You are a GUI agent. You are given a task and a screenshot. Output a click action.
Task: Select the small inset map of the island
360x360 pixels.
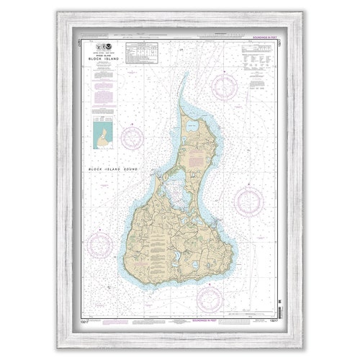[x=103, y=134]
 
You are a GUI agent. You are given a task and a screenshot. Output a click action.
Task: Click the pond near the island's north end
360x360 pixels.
[x=193, y=126]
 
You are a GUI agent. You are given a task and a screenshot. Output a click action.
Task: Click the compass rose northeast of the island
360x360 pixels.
[x=225, y=87]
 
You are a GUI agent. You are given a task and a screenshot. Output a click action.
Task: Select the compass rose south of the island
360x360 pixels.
[x=209, y=297]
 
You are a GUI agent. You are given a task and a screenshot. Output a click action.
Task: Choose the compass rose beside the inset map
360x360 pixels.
[x=132, y=137]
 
